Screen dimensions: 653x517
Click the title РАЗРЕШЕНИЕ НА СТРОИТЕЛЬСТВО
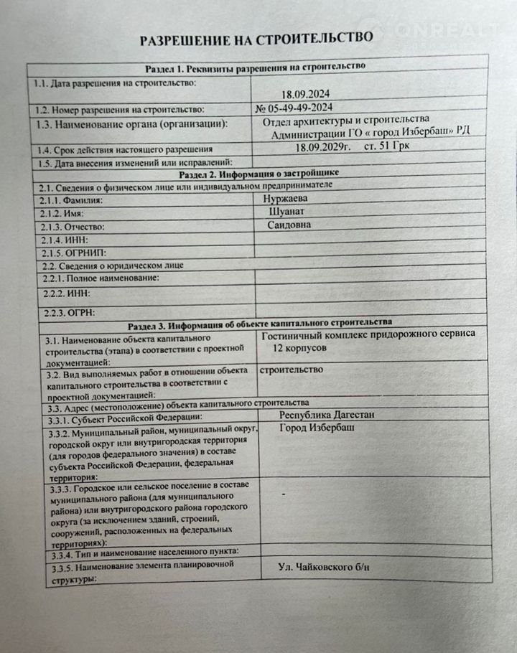256,38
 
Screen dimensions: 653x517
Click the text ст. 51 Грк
392,147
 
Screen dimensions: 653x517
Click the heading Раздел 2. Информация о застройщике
257,173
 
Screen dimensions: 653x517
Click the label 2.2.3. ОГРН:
70,312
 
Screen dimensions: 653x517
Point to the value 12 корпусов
299,347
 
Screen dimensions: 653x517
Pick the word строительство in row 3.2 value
290,370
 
